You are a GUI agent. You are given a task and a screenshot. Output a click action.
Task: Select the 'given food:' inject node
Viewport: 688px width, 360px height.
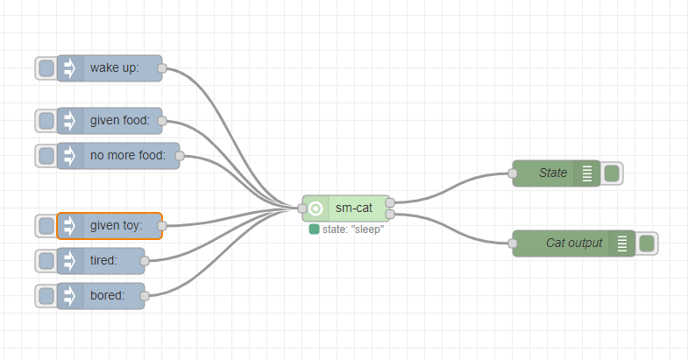pos(118,121)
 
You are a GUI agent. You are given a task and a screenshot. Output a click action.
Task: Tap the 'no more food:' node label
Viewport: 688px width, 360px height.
pos(127,156)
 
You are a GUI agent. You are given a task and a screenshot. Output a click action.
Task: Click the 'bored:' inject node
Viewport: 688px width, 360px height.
pos(108,296)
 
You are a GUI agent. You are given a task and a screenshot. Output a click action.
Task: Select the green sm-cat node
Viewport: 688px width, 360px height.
pos(351,208)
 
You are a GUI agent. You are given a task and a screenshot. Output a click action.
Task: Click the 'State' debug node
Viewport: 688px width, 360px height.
pos(548,173)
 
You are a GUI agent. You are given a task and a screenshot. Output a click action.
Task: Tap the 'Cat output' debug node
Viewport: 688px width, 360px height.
pos(570,244)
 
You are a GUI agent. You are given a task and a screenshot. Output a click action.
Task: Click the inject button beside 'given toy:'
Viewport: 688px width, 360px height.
pos(46,226)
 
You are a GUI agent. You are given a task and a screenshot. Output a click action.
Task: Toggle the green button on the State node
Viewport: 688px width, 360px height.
pos(612,173)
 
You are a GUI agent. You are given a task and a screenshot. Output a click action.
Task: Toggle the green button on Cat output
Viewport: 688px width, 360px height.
pos(647,244)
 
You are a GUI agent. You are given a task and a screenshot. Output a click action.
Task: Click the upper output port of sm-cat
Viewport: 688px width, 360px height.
pos(389,202)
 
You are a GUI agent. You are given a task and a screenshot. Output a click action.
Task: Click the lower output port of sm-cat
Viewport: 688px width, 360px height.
pos(389,214)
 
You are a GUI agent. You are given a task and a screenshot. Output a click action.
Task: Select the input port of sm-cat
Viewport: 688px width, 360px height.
pos(302,208)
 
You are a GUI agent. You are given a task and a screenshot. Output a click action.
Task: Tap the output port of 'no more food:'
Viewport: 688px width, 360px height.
pos(180,156)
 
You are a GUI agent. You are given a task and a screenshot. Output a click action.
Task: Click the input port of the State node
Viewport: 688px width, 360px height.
pos(513,173)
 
